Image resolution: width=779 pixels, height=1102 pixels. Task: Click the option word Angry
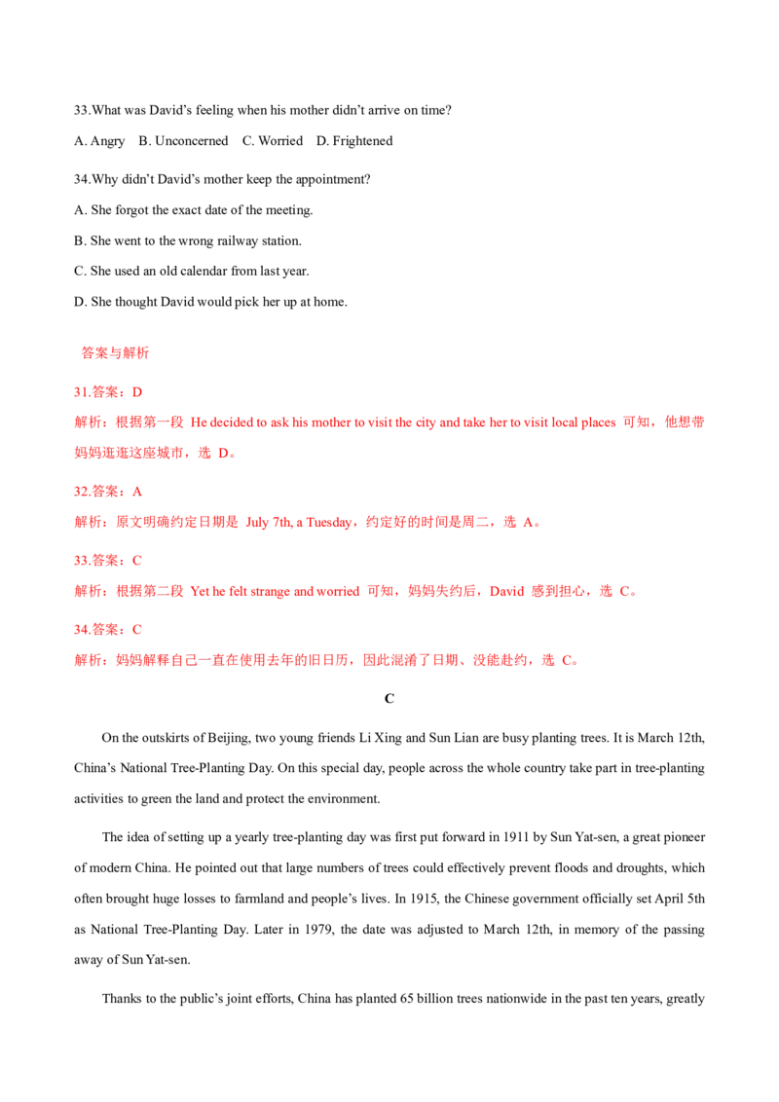click(107, 141)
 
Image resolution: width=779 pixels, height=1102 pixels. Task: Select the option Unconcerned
click(191, 140)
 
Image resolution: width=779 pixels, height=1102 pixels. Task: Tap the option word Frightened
click(362, 141)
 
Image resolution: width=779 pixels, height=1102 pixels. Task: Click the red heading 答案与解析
click(115, 352)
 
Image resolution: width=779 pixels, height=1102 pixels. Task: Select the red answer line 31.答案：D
click(108, 392)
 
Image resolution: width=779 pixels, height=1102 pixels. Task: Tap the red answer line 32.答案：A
click(108, 492)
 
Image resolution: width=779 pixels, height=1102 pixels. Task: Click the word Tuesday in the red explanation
click(329, 522)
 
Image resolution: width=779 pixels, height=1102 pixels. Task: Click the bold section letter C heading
click(389, 699)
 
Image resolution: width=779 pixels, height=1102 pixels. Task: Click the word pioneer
click(682, 838)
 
